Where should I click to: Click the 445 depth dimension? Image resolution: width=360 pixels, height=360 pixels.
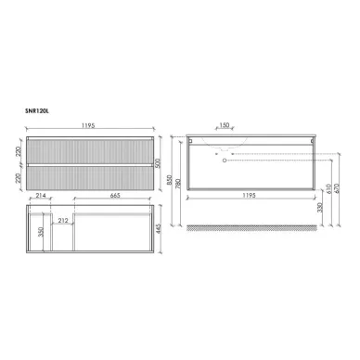pos(160,229)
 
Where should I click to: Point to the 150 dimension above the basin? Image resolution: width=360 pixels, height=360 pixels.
pos(224,123)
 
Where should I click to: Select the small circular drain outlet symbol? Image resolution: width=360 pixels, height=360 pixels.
pos(224,160)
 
